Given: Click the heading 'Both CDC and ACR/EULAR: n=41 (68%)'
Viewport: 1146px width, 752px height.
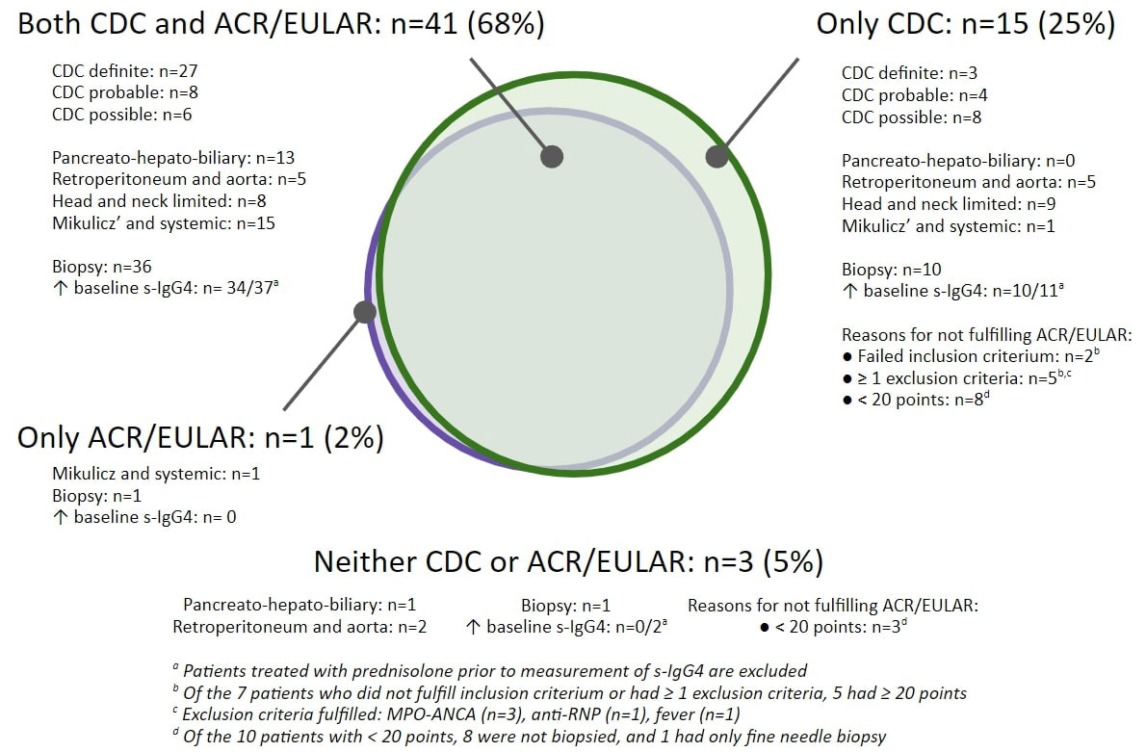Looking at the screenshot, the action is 281,24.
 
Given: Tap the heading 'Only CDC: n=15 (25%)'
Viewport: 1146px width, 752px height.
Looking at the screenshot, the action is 966,24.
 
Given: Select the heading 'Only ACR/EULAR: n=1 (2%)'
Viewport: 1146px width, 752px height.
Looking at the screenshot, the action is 200,438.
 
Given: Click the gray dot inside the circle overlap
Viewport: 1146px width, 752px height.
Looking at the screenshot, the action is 552,156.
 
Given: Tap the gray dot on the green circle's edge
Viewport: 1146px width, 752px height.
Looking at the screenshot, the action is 717,156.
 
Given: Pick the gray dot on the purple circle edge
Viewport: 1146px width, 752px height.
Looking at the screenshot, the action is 365,312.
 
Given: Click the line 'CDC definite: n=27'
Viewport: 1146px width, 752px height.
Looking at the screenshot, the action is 125,71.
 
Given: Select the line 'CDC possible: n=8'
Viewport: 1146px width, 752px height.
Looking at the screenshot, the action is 911,117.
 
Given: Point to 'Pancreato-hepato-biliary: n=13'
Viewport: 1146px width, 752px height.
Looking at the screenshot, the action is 173,158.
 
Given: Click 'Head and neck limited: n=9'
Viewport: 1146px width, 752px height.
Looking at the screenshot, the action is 949,204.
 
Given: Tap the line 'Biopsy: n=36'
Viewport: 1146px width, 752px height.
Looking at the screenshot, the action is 101,267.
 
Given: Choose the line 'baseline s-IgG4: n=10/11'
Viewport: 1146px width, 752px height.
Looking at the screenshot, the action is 952,290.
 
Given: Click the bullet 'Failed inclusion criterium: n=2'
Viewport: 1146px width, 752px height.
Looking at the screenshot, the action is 971,356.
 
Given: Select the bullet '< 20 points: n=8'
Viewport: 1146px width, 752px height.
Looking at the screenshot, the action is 916,399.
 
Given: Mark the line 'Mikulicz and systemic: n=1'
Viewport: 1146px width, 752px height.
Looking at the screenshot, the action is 156,474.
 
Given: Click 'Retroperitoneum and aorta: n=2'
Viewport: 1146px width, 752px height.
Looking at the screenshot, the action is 300,627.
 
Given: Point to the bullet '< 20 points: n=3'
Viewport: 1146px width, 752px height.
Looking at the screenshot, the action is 833,626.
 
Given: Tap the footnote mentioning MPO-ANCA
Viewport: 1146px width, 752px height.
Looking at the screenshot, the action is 456,714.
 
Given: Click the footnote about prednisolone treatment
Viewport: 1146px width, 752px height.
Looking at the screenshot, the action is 489,671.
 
